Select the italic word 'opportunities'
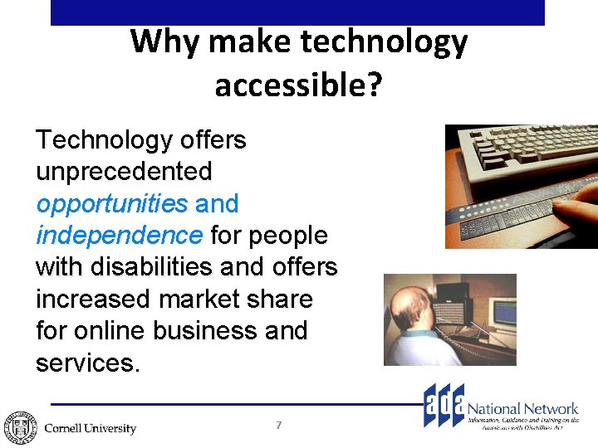click(112, 204)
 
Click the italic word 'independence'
click(119, 236)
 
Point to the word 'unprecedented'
click(124, 172)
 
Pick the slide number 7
click(279, 425)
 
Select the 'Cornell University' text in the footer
click(90, 428)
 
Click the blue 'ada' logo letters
click(444, 406)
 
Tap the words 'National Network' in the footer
click(523, 408)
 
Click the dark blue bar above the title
click(297, 12)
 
